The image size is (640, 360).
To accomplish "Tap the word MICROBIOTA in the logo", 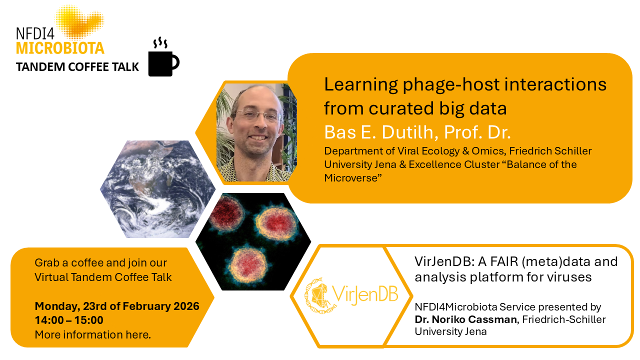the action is tap(60, 48).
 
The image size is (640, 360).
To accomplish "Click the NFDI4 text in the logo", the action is tap(35, 33).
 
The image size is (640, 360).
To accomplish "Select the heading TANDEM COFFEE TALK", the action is tap(77, 67).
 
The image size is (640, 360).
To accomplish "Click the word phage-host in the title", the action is tap(451, 84).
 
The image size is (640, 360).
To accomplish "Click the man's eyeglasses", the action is tap(257, 115).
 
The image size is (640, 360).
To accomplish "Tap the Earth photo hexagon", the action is tap(157, 189).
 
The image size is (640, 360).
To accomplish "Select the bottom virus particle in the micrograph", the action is tap(248, 265).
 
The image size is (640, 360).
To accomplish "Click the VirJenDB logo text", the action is tap(365, 294).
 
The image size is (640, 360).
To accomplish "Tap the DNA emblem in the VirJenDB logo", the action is tap(318, 295).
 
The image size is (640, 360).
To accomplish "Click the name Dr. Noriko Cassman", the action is tap(465, 319).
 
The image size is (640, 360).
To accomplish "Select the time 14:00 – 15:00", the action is tap(69, 320).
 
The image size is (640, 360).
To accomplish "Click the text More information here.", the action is tap(93, 334).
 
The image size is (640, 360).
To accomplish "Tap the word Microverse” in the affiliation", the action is tap(353, 178).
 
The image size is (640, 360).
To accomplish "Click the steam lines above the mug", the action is tap(160, 42).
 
